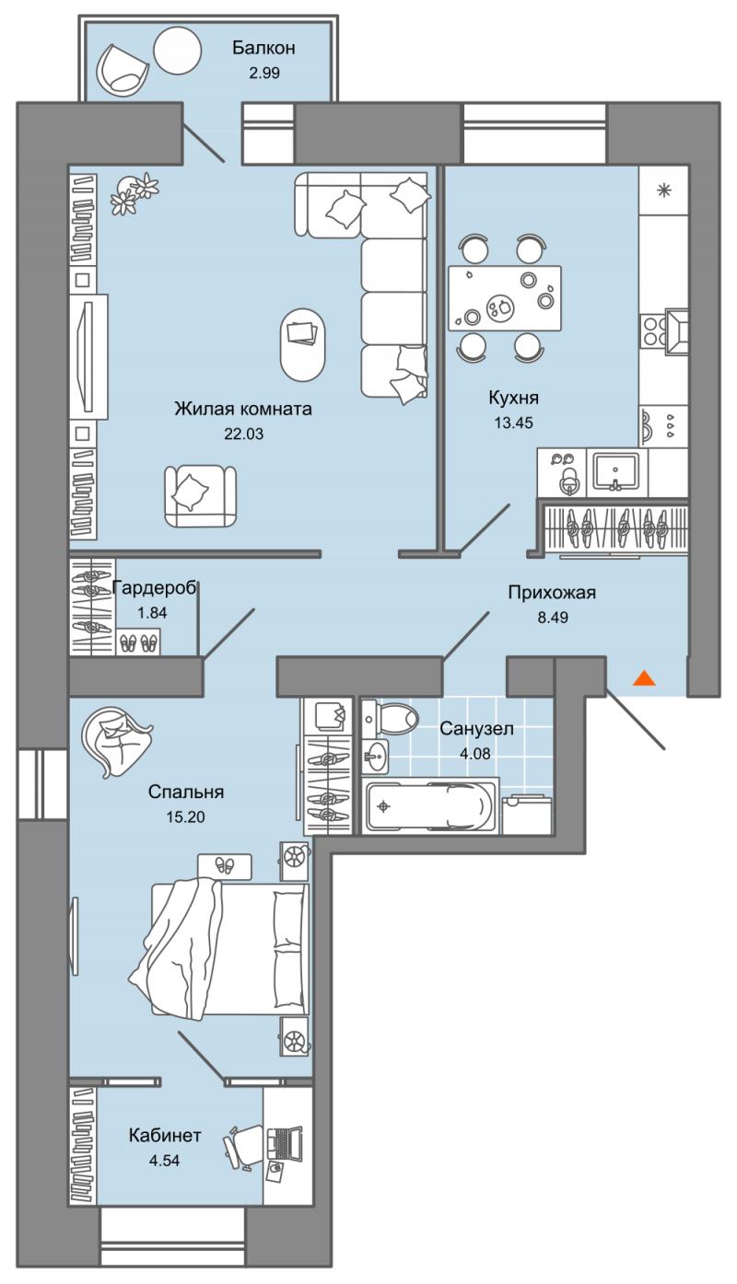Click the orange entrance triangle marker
(644, 678)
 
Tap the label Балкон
(263, 48)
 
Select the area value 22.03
(244, 434)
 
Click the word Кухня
(513, 397)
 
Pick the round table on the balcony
(178, 51)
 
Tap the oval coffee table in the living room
(302, 344)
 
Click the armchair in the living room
(200, 495)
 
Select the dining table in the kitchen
(505, 298)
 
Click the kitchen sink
(616, 472)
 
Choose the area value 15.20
(185, 816)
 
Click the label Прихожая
(552, 592)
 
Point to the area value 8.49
(553, 618)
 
